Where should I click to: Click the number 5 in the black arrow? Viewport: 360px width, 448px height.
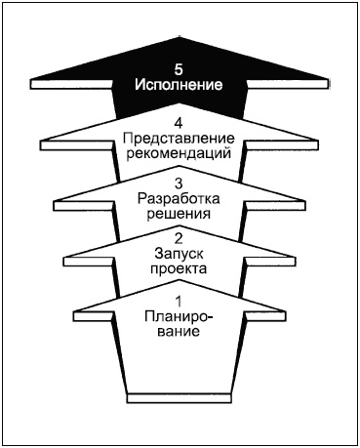tap(178, 70)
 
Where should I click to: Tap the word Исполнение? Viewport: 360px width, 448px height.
tap(178, 85)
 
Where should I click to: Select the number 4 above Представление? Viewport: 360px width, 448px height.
tap(178, 124)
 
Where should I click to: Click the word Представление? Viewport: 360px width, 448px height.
tap(178, 139)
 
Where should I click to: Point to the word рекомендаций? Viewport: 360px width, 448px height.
tap(178, 153)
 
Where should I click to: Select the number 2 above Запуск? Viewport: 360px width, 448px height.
tap(178, 237)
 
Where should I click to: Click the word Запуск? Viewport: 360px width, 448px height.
tap(178, 252)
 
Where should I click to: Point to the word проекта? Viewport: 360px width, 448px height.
tap(178, 266)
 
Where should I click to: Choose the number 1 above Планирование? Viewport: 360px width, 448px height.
tap(178, 301)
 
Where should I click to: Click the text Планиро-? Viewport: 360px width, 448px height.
tap(178, 316)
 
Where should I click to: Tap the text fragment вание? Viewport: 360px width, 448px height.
tap(178, 331)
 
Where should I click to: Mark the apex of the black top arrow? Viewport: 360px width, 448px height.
tap(178, 39)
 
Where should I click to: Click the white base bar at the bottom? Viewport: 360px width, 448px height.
tap(178, 395)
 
